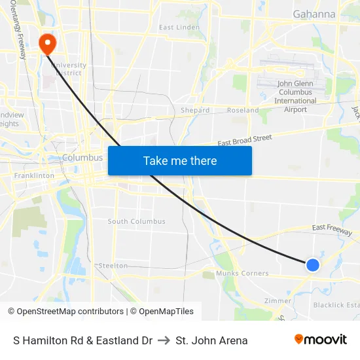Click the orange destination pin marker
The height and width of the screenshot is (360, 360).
(48, 43)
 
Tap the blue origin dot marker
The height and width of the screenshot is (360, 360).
(313, 264)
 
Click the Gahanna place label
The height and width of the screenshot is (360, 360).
(314, 14)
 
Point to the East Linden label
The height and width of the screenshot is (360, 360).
(179, 27)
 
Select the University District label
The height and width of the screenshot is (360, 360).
(69, 69)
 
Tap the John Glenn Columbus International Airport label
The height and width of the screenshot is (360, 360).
(295, 96)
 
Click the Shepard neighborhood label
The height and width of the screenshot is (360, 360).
(195, 111)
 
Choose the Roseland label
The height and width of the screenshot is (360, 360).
(243, 111)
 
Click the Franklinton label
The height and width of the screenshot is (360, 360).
(35, 176)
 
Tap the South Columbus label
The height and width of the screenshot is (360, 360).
(137, 221)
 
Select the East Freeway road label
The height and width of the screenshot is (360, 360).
(332, 229)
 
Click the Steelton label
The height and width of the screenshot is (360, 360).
(113, 266)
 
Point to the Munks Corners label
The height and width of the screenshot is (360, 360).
(242, 273)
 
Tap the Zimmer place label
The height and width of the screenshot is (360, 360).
(278, 301)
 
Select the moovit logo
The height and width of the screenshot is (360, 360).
(321, 340)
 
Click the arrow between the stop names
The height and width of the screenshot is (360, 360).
(164, 340)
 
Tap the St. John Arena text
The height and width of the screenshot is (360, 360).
(211, 340)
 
